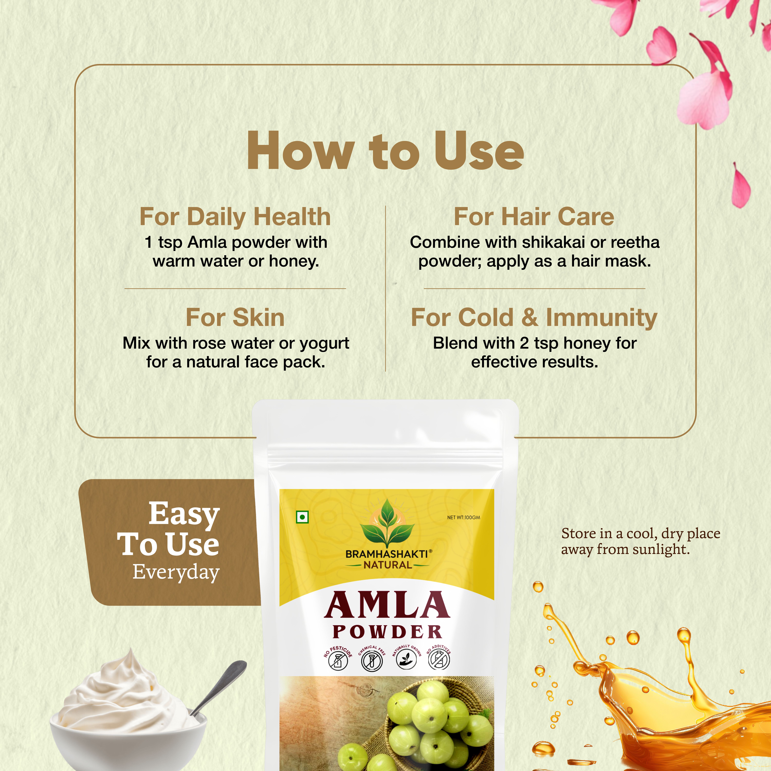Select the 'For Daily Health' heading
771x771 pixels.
point(235,217)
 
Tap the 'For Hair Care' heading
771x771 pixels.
point(534,217)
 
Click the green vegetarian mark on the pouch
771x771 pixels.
point(302,517)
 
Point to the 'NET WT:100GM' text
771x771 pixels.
point(463,518)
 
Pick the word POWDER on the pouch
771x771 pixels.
point(387,632)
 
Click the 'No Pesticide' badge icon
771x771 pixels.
point(338,660)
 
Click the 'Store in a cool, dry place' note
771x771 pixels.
point(640,541)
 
